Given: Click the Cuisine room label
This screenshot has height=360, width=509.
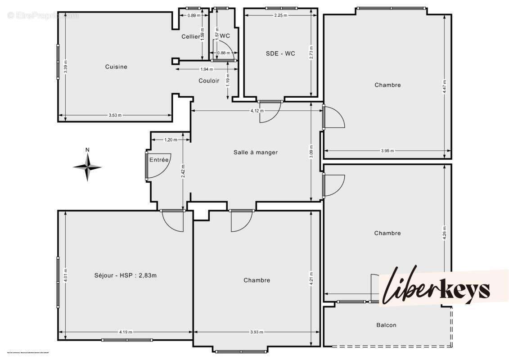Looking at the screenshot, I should tap(116, 67).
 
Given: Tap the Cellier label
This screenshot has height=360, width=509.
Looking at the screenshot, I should tap(190, 36).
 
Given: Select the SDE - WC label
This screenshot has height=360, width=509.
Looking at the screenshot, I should tap(280, 53).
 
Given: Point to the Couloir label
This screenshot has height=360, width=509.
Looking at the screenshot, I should tap(209, 81).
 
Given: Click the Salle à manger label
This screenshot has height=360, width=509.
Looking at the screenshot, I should tap(256, 152).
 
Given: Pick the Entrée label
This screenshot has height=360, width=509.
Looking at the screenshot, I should tap(159, 160).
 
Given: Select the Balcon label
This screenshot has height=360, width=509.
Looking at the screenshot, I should tap(386, 325).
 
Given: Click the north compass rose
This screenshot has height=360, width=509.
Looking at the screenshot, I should tap(88, 167).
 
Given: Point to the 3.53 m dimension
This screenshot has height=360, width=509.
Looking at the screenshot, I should tap(115, 116).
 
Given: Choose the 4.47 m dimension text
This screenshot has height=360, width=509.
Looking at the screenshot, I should tap(444, 85).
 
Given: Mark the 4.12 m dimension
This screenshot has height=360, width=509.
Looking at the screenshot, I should tap(257, 111).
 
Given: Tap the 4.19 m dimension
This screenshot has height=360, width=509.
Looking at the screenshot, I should tap(126, 332).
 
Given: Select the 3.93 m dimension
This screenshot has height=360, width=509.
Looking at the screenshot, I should tap(257, 332).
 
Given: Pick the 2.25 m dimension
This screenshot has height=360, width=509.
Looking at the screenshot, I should tap(281, 15).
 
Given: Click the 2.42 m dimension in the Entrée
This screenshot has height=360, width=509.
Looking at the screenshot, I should tap(183, 171).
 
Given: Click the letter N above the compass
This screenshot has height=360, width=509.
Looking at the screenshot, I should tap(88, 150).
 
